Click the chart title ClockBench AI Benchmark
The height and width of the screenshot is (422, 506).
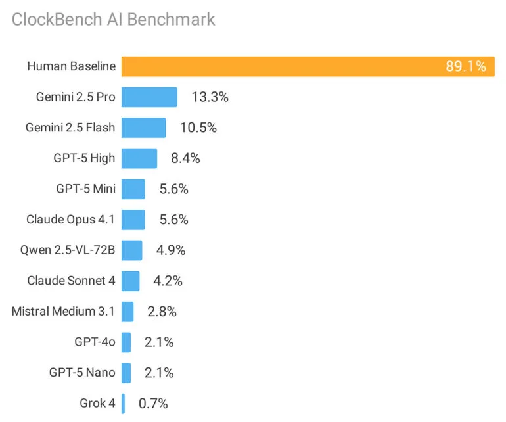[113, 19]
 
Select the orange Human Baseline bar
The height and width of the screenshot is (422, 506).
[283, 66]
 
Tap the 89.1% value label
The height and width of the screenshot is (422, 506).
[465, 66]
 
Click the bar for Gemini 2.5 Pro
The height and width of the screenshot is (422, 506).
[149, 97]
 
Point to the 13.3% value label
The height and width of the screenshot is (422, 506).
[210, 97]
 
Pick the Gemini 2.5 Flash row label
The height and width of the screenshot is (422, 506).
[70, 128]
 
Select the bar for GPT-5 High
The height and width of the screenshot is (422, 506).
[139, 158]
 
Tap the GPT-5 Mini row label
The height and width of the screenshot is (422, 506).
[86, 189]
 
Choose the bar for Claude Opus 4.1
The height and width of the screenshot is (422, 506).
[133, 220]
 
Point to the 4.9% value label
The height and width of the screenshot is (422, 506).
[171, 250]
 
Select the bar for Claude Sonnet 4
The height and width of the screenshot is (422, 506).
[130, 281]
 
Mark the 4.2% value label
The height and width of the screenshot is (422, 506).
[168, 281]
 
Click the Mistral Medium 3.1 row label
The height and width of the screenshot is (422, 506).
[63, 311]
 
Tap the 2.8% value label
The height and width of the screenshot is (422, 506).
[162, 311]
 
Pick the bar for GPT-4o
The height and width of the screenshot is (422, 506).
[126, 342]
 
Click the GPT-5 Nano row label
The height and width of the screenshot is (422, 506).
[82, 373]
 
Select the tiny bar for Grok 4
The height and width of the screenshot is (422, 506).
[123, 403]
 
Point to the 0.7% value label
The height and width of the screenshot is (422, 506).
[153, 403]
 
